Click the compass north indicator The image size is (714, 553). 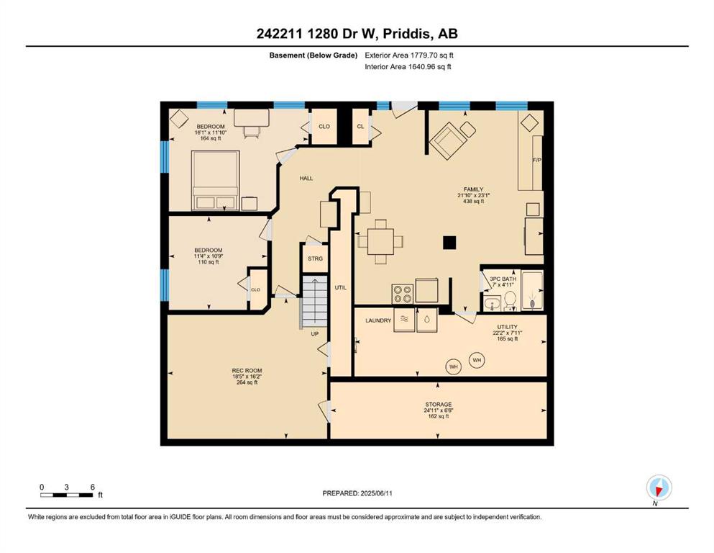tap(659, 488)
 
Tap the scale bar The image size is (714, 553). tap(67, 495)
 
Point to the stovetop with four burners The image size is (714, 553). tap(403, 294)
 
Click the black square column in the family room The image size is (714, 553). tap(449, 243)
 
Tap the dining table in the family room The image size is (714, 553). tap(380, 242)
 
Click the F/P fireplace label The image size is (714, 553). tap(537, 161)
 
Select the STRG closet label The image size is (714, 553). tap(315, 258)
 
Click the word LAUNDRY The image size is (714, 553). tap(378, 320)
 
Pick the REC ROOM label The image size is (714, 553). tap(247, 371)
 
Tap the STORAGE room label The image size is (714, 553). tap(439, 405)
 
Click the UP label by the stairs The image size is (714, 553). tap(315, 333)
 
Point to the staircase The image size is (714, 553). tap(315, 301)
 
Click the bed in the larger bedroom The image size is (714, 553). tap(216, 181)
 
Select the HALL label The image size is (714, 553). tap(306, 179)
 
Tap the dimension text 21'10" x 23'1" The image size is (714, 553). tap(474, 195)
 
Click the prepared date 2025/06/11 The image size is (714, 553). tap(375, 493)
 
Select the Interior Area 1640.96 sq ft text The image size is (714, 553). tap(408, 66)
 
